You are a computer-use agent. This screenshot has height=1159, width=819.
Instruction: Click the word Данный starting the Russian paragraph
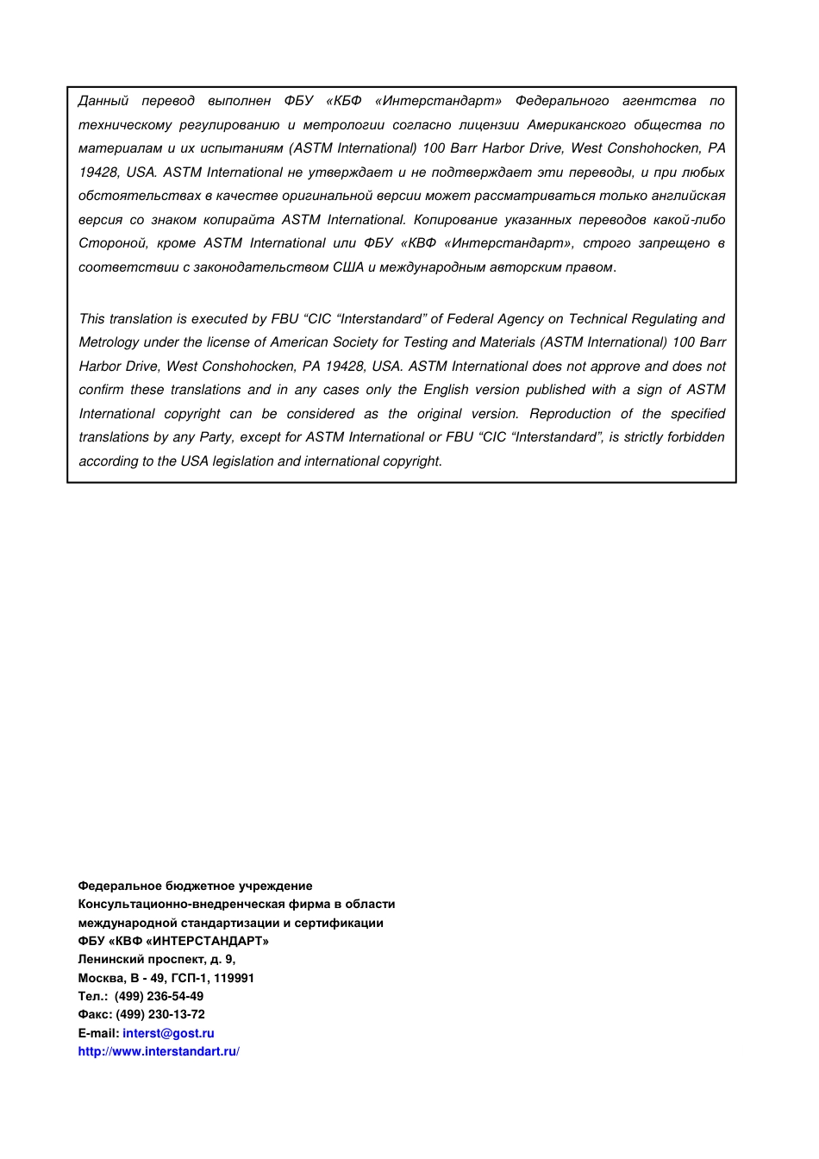103,102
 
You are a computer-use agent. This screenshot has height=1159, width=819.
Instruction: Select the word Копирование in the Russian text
454,220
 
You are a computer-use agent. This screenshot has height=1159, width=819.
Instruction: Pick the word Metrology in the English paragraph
108,343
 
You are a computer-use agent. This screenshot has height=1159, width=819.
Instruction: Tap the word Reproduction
570,414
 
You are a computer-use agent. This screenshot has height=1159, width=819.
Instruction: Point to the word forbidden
696,437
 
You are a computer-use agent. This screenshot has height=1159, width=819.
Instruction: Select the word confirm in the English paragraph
101,391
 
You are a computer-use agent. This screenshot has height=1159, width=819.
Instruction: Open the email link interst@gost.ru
168,1033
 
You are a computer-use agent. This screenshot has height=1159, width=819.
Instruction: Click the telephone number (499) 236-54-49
159,996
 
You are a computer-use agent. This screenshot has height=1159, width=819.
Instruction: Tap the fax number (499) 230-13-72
160,1015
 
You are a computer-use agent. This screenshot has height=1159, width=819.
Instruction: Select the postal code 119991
234,978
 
